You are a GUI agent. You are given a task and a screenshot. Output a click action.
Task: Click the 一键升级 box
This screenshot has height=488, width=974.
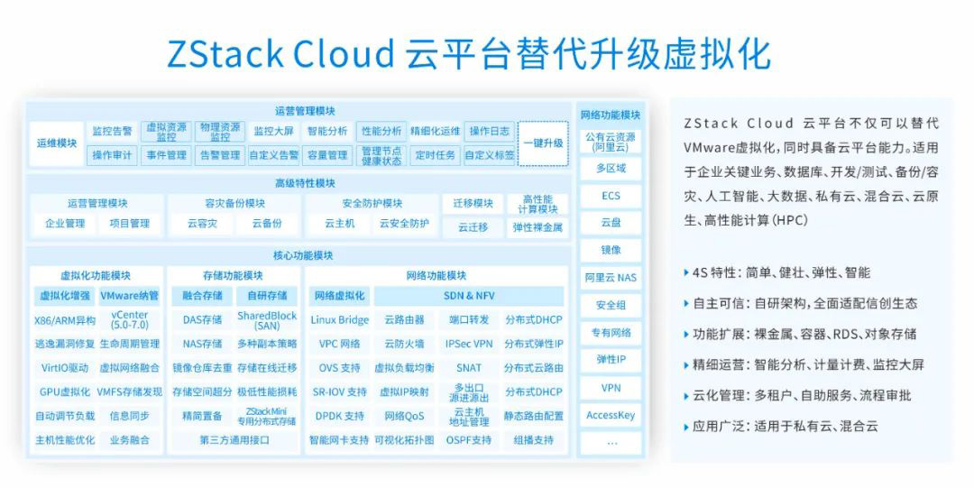tap(543, 143)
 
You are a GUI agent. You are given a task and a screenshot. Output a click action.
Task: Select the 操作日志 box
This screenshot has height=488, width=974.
tap(490, 131)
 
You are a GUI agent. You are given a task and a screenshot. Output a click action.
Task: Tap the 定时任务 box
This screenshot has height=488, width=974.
tap(435, 155)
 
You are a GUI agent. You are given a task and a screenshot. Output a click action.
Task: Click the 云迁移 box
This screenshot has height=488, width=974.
tap(473, 227)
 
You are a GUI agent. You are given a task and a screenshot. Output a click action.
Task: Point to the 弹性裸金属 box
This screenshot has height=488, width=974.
tap(538, 227)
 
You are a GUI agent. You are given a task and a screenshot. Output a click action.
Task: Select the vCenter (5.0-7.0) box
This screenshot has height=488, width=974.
tap(129, 319)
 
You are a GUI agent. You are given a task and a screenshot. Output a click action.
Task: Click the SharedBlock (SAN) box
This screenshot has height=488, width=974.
tap(266, 319)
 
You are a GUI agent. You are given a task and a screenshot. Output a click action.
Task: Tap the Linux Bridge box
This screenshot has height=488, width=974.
tap(339, 319)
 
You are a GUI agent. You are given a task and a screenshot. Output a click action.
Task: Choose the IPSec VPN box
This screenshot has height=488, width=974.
tap(469, 344)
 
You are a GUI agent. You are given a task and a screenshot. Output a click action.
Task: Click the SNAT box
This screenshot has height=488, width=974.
tap(469, 368)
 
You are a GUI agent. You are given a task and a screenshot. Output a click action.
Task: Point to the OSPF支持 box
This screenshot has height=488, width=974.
tap(469, 440)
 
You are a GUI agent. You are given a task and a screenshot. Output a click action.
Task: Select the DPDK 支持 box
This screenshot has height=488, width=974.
tap(339, 416)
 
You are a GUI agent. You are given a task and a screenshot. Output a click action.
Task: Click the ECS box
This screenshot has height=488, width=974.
tap(611, 196)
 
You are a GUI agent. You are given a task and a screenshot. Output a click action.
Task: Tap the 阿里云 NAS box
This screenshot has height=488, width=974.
tap(611, 278)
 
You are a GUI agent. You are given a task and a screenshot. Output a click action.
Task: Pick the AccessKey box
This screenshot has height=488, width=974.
tap(611, 416)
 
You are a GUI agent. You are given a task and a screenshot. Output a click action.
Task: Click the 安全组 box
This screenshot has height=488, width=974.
tap(611, 306)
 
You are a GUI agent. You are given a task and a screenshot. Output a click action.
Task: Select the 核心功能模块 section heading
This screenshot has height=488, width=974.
tap(303, 255)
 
